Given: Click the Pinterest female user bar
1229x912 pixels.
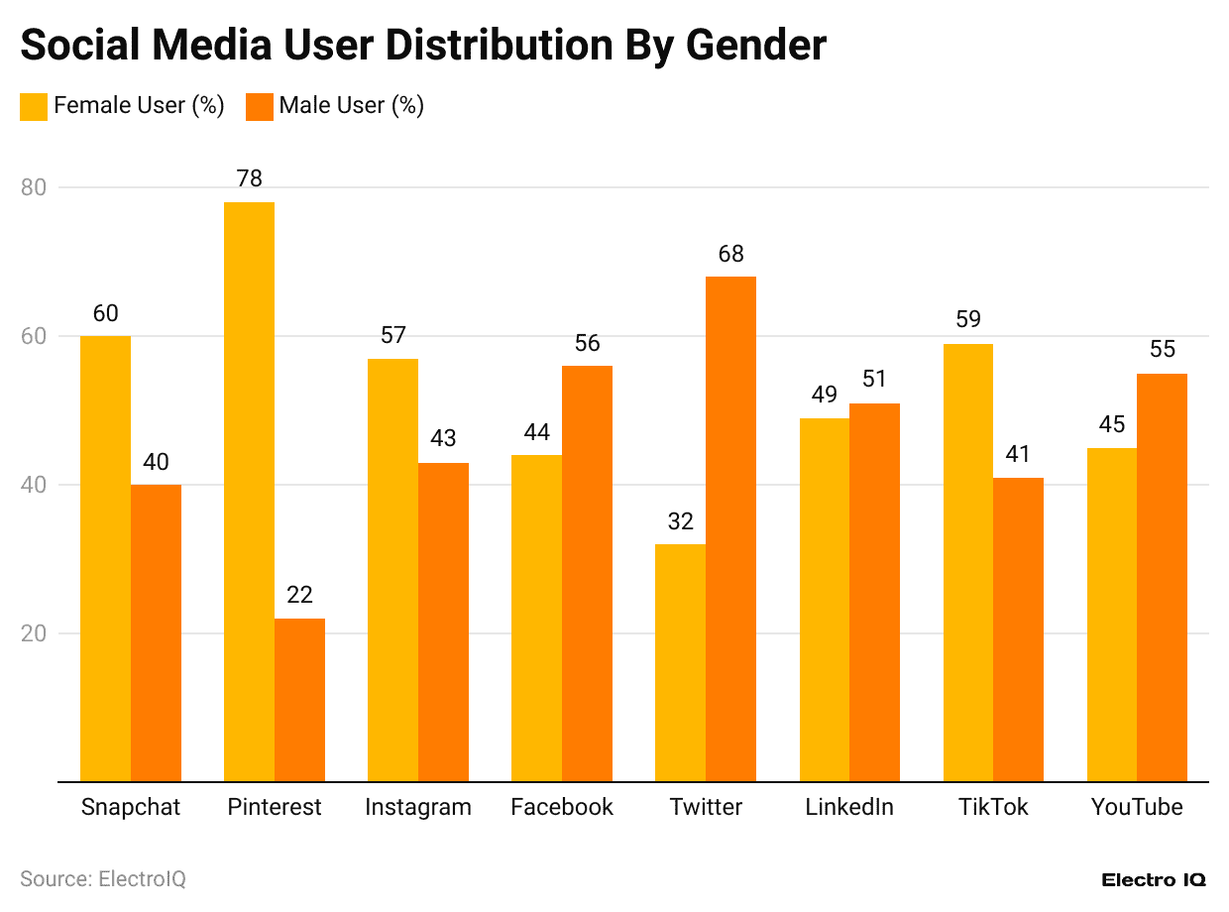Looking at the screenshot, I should [249, 491].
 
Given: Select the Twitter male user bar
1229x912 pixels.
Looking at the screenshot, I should [730, 528].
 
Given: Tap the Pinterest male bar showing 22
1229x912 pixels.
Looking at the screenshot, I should [299, 700].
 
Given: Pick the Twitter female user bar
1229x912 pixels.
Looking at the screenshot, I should [680, 662].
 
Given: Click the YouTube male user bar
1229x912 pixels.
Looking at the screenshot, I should [1162, 577].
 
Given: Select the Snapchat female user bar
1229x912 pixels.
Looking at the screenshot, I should [105, 558].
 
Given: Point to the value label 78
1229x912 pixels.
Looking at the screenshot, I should [249, 178].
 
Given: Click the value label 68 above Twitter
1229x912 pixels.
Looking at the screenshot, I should [730, 254].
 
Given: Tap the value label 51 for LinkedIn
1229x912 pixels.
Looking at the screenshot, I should [874, 380].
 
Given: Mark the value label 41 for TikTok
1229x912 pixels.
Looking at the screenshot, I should [1018, 454].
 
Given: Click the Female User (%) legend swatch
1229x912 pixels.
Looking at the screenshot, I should [34, 106].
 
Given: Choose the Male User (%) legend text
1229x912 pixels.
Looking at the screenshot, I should [351, 106].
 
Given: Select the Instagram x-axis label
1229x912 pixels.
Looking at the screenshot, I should [417, 807].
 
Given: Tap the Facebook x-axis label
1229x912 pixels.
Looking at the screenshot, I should [561, 807].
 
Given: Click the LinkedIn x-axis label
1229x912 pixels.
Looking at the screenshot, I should [849, 807].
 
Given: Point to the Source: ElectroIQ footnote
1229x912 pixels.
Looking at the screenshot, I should [103, 879].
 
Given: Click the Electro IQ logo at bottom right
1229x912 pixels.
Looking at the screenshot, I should [1153, 880].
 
